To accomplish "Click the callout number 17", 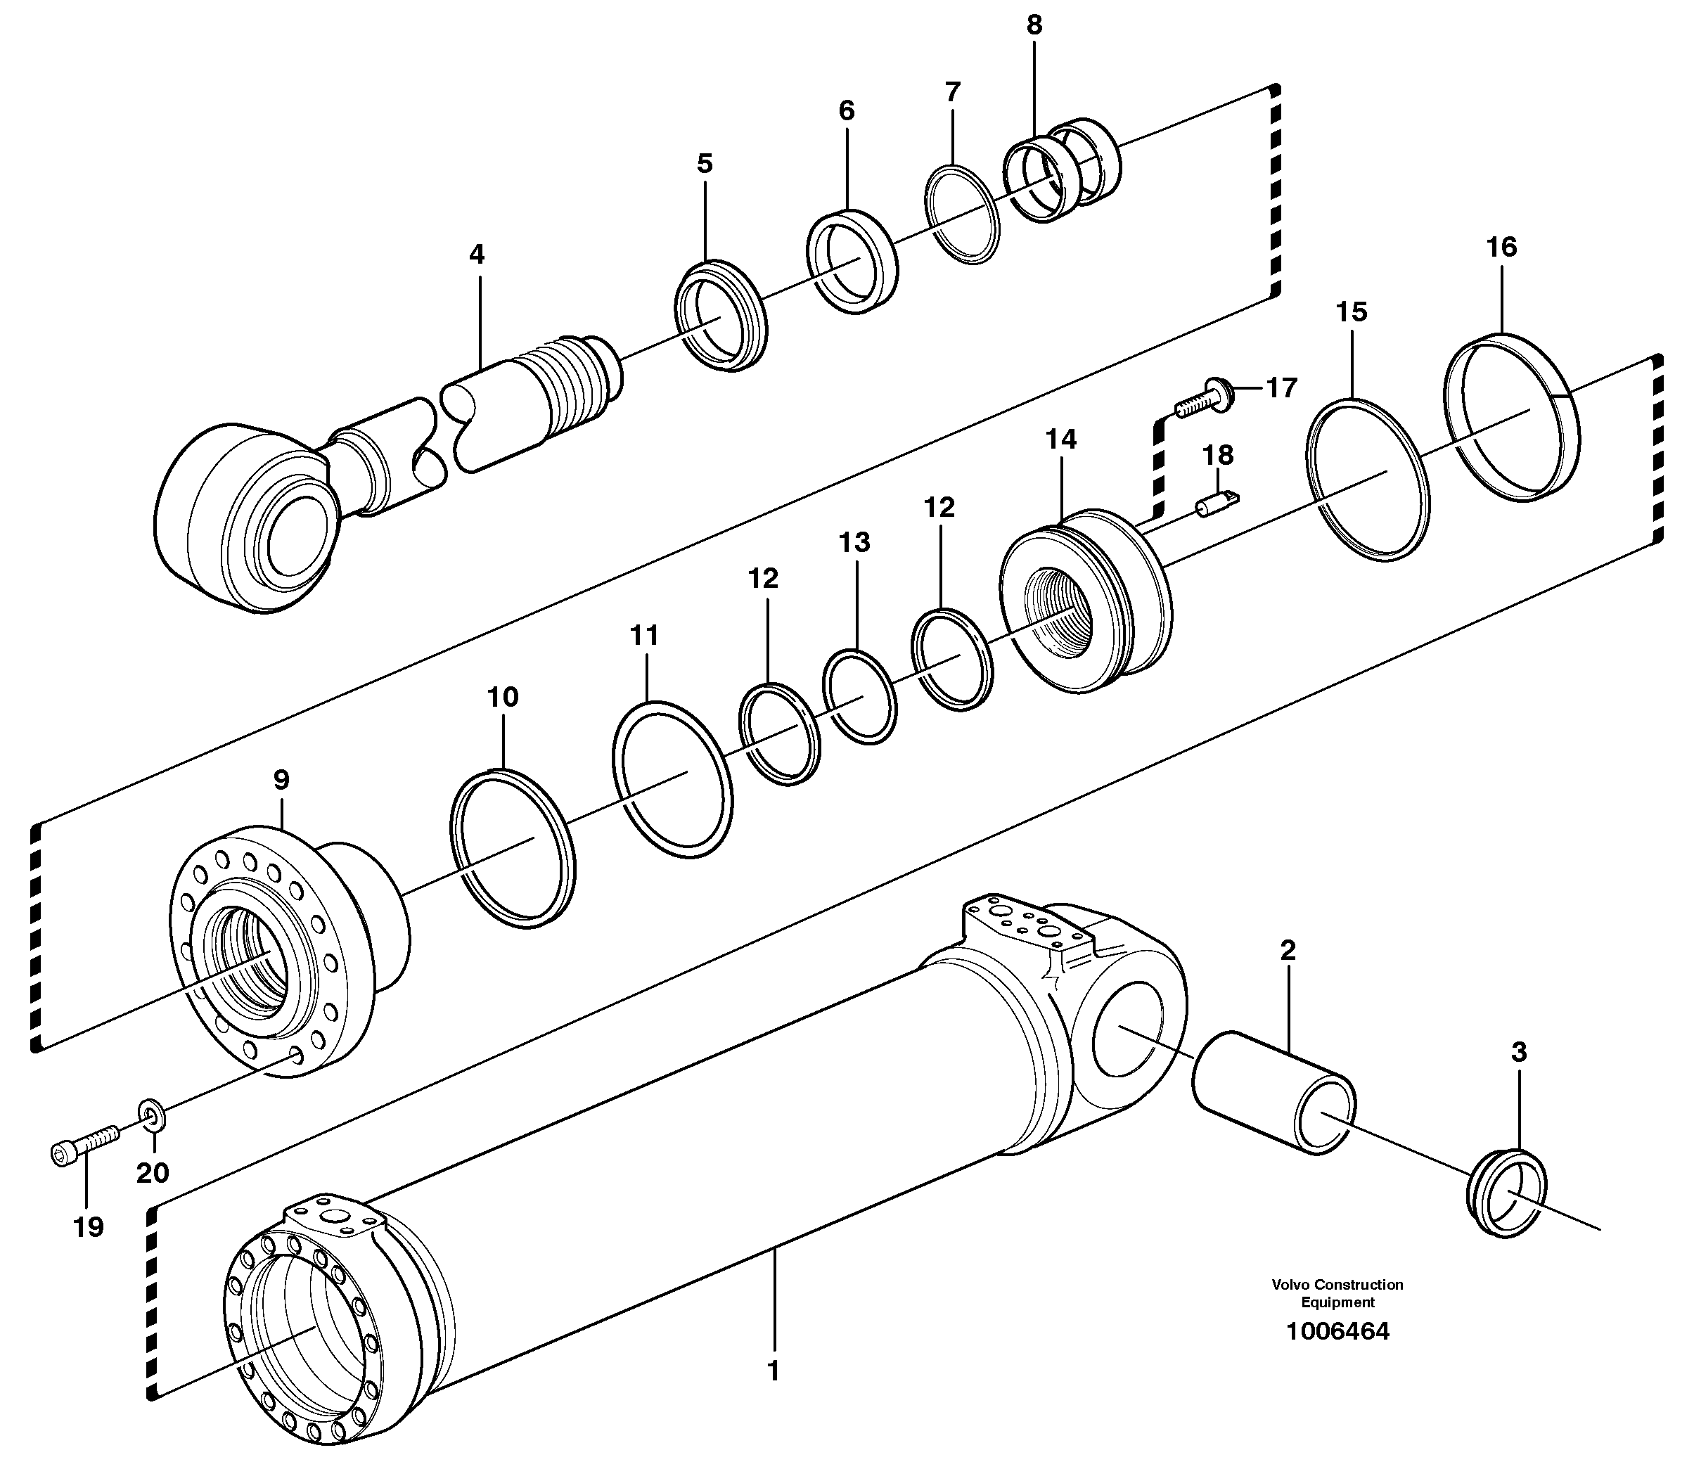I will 1283,387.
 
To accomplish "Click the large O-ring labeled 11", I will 672,778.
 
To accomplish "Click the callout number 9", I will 281,780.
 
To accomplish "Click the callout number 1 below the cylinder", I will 772,1371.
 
